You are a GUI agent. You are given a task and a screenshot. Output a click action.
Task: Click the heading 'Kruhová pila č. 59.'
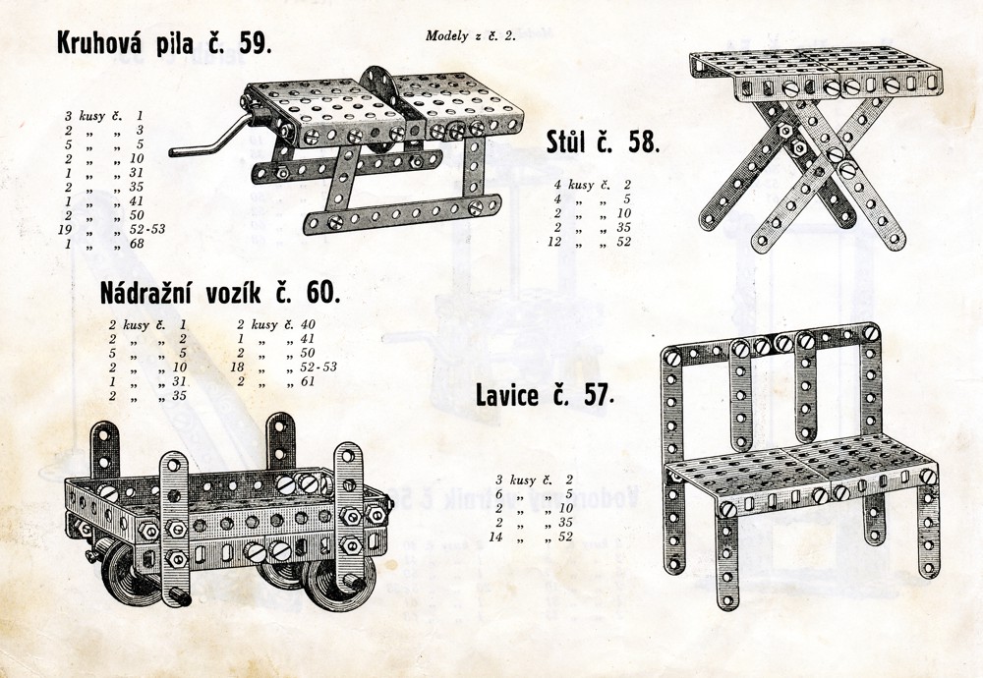click(164, 42)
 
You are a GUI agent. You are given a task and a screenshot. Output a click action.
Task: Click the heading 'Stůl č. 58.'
click(604, 142)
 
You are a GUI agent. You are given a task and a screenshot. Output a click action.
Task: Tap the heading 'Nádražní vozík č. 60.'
click(220, 293)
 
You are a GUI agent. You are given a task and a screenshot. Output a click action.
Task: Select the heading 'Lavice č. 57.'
click(545, 395)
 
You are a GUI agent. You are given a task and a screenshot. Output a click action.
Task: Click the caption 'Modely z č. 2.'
click(471, 35)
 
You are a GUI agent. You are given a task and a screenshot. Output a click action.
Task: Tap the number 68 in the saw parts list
click(138, 244)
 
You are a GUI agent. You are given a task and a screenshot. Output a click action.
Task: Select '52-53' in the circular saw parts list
click(147, 229)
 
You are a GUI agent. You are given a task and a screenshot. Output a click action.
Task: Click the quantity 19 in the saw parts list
click(65, 229)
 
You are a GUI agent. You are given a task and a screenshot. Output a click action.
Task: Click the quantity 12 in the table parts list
click(554, 242)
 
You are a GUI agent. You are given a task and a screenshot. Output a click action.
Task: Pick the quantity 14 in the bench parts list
click(495, 537)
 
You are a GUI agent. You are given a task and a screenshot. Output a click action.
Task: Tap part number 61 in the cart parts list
click(307, 381)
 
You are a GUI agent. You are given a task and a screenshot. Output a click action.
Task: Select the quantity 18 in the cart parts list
click(238, 367)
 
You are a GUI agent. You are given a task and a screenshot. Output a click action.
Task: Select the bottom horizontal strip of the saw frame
click(402, 213)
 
